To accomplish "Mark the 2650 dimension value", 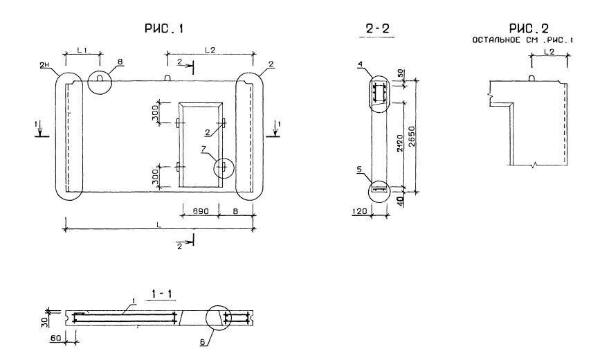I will (412, 134).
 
